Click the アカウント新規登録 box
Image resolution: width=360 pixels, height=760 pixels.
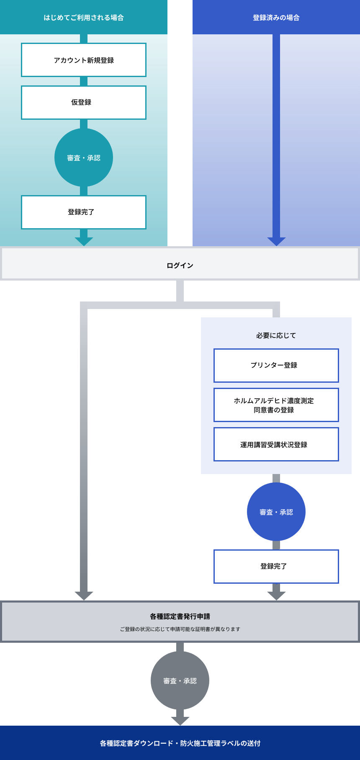pos(84,60)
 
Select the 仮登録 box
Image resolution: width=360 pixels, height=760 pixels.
pos(84,103)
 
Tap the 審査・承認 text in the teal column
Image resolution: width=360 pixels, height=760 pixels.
pos(84,158)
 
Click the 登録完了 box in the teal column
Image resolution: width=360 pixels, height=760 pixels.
pos(84,212)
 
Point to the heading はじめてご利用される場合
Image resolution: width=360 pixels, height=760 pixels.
pos(84,18)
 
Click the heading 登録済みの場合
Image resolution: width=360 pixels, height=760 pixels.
pos(276,18)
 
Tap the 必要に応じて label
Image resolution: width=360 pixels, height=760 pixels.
pos(276,335)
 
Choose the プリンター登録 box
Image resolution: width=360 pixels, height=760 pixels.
pos(276,365)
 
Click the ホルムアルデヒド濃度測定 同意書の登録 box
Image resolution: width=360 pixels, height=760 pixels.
pos(276,405)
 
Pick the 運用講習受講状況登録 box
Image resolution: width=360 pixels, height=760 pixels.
pos(276,444)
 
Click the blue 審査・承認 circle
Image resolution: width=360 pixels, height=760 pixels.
pos(276,512)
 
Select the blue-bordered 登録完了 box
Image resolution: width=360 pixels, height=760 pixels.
pos(276,566)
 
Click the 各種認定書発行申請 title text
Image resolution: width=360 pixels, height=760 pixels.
pos(180,616)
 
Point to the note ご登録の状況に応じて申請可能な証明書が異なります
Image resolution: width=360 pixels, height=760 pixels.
pos(180,629)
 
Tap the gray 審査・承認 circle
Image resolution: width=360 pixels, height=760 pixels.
pos(180,680)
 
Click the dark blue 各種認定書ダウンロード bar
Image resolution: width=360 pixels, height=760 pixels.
pos(180,743)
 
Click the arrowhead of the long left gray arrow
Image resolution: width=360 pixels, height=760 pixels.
pos(84,596)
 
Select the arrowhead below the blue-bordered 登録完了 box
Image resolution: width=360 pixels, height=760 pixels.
pos(276,596)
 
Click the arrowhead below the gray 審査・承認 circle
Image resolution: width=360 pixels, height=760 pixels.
pos(180,721)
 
